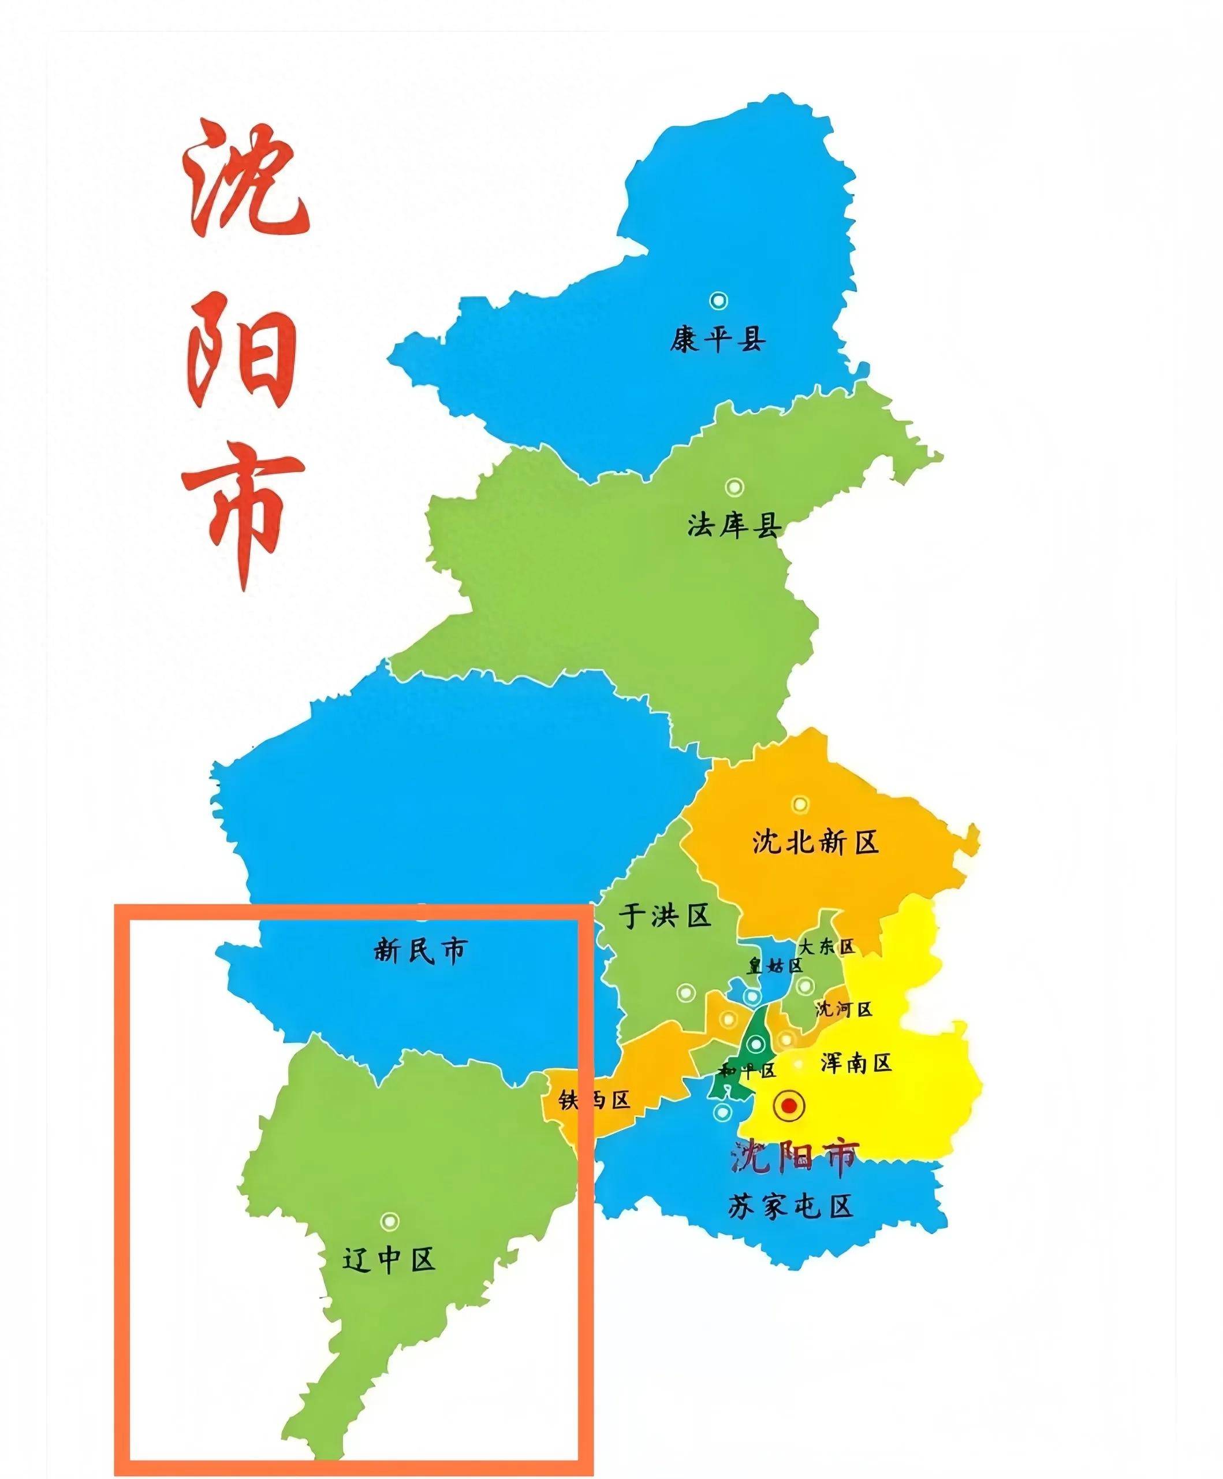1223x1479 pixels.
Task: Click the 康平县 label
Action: coord(718,340)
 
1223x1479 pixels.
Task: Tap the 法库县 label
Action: coord(734,525)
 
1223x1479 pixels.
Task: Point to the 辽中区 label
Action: coord(389,1258)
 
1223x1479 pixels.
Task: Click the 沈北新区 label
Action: coord(816,842)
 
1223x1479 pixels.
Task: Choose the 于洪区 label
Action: coord(665,916)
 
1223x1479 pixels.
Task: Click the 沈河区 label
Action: coord(844,1009)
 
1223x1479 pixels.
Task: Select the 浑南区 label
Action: coord(856,1062)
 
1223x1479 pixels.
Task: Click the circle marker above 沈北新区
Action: coord(800,803)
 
